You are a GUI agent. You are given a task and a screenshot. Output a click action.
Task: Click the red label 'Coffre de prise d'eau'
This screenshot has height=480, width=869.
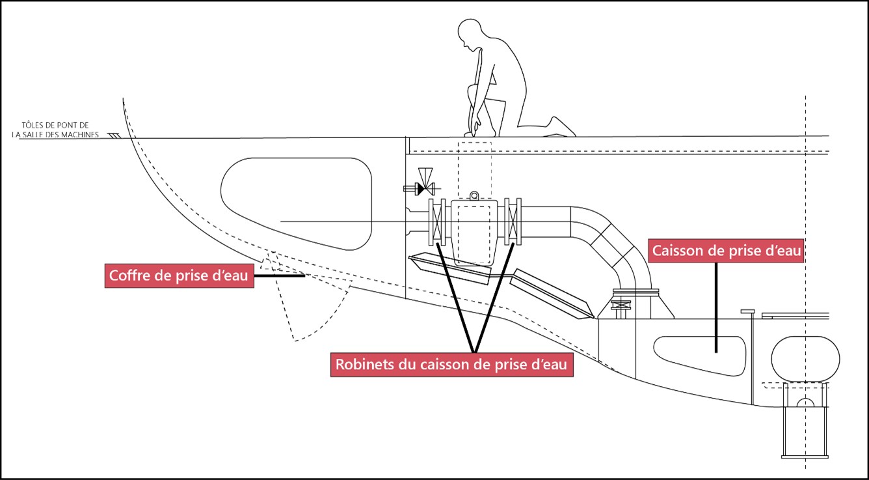179,275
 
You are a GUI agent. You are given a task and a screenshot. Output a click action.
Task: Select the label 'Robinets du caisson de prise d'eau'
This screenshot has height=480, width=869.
453,364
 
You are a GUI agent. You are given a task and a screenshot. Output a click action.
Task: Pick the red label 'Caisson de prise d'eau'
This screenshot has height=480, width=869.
727,250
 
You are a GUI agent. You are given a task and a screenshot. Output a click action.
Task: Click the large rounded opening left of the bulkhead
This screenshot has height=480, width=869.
296,204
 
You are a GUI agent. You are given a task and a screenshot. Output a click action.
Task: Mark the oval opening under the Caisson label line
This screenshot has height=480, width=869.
699,354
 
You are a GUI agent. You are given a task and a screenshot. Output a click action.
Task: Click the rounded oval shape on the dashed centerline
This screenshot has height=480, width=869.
805,358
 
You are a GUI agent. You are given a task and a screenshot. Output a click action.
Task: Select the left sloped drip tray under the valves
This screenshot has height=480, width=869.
450,269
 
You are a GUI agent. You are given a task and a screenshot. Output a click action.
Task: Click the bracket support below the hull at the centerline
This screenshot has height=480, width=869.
805,420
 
